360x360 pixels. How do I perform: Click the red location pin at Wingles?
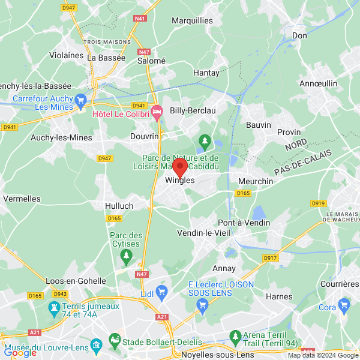click(x=180, y=167)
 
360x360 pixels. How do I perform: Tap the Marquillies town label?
click(x=192, y=20)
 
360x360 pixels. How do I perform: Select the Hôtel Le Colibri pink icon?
click(x=157, y=111)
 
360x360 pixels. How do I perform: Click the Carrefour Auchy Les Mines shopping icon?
click(x=81, y=100)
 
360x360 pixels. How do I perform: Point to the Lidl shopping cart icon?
click(x=161, y=292)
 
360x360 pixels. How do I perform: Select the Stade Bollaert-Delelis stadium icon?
click(x=114, y=343)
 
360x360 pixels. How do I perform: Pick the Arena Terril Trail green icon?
click(x=235, y=335)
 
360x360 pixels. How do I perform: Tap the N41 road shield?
click(x=140, y=19)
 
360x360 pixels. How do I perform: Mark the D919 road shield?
click(x=319, y=203)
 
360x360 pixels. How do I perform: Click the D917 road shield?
click(x=271, y=258)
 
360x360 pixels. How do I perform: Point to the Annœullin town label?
click(x=318, y=83)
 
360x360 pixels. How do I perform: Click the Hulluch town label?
click(x=119, y=205)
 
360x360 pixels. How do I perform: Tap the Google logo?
click(x=20, y=353)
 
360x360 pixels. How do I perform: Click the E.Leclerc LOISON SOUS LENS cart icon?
click(x=202, y=306)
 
